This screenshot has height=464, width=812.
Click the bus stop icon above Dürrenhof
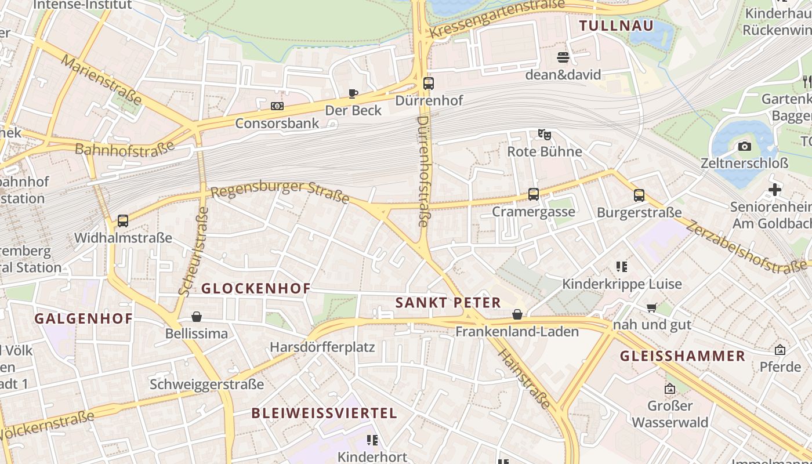point(429,84)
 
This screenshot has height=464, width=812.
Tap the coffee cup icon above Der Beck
point(353,93)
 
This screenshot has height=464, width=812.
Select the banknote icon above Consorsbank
point(277,106)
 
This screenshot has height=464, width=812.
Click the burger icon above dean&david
point(563,57)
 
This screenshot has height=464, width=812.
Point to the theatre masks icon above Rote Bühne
point(544,135)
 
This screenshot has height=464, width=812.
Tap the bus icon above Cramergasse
point(534,194)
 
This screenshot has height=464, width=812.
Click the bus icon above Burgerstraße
point(639,195)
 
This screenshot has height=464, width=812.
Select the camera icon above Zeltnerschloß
point(745,146)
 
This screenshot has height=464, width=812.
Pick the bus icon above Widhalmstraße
point(123,220)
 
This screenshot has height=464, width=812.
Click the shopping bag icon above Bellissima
point(197,317)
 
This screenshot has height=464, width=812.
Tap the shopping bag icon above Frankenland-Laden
point(517,314)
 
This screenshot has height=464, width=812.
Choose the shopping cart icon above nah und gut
point(652,307)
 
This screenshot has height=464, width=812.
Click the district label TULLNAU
point(616,26)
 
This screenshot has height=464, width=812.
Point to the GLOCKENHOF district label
point(256,288)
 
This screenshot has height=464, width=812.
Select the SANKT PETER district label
point(448,302)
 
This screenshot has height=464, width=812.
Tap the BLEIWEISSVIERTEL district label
point(324,413)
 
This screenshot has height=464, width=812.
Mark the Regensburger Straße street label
point(280,193)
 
